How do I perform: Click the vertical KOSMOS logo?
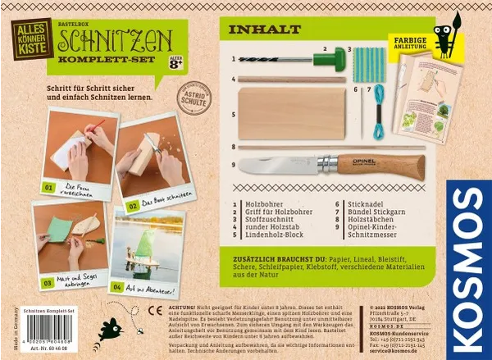[x=468, y=246]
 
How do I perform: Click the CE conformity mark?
[x=153, y=311]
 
